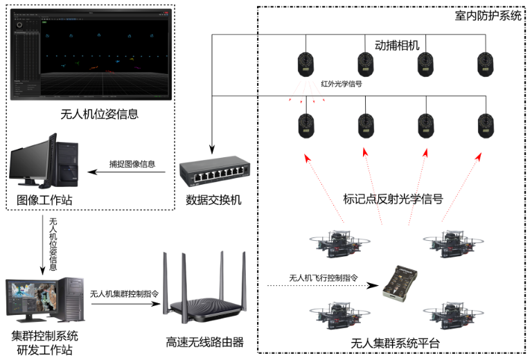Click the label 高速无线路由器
(205, 342)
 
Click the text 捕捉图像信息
(132, 164)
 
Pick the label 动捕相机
(398, 44)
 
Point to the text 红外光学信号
(342, 84)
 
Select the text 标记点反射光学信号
(393, 199)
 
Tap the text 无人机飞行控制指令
(323, 278)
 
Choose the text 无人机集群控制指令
(125, 293)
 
